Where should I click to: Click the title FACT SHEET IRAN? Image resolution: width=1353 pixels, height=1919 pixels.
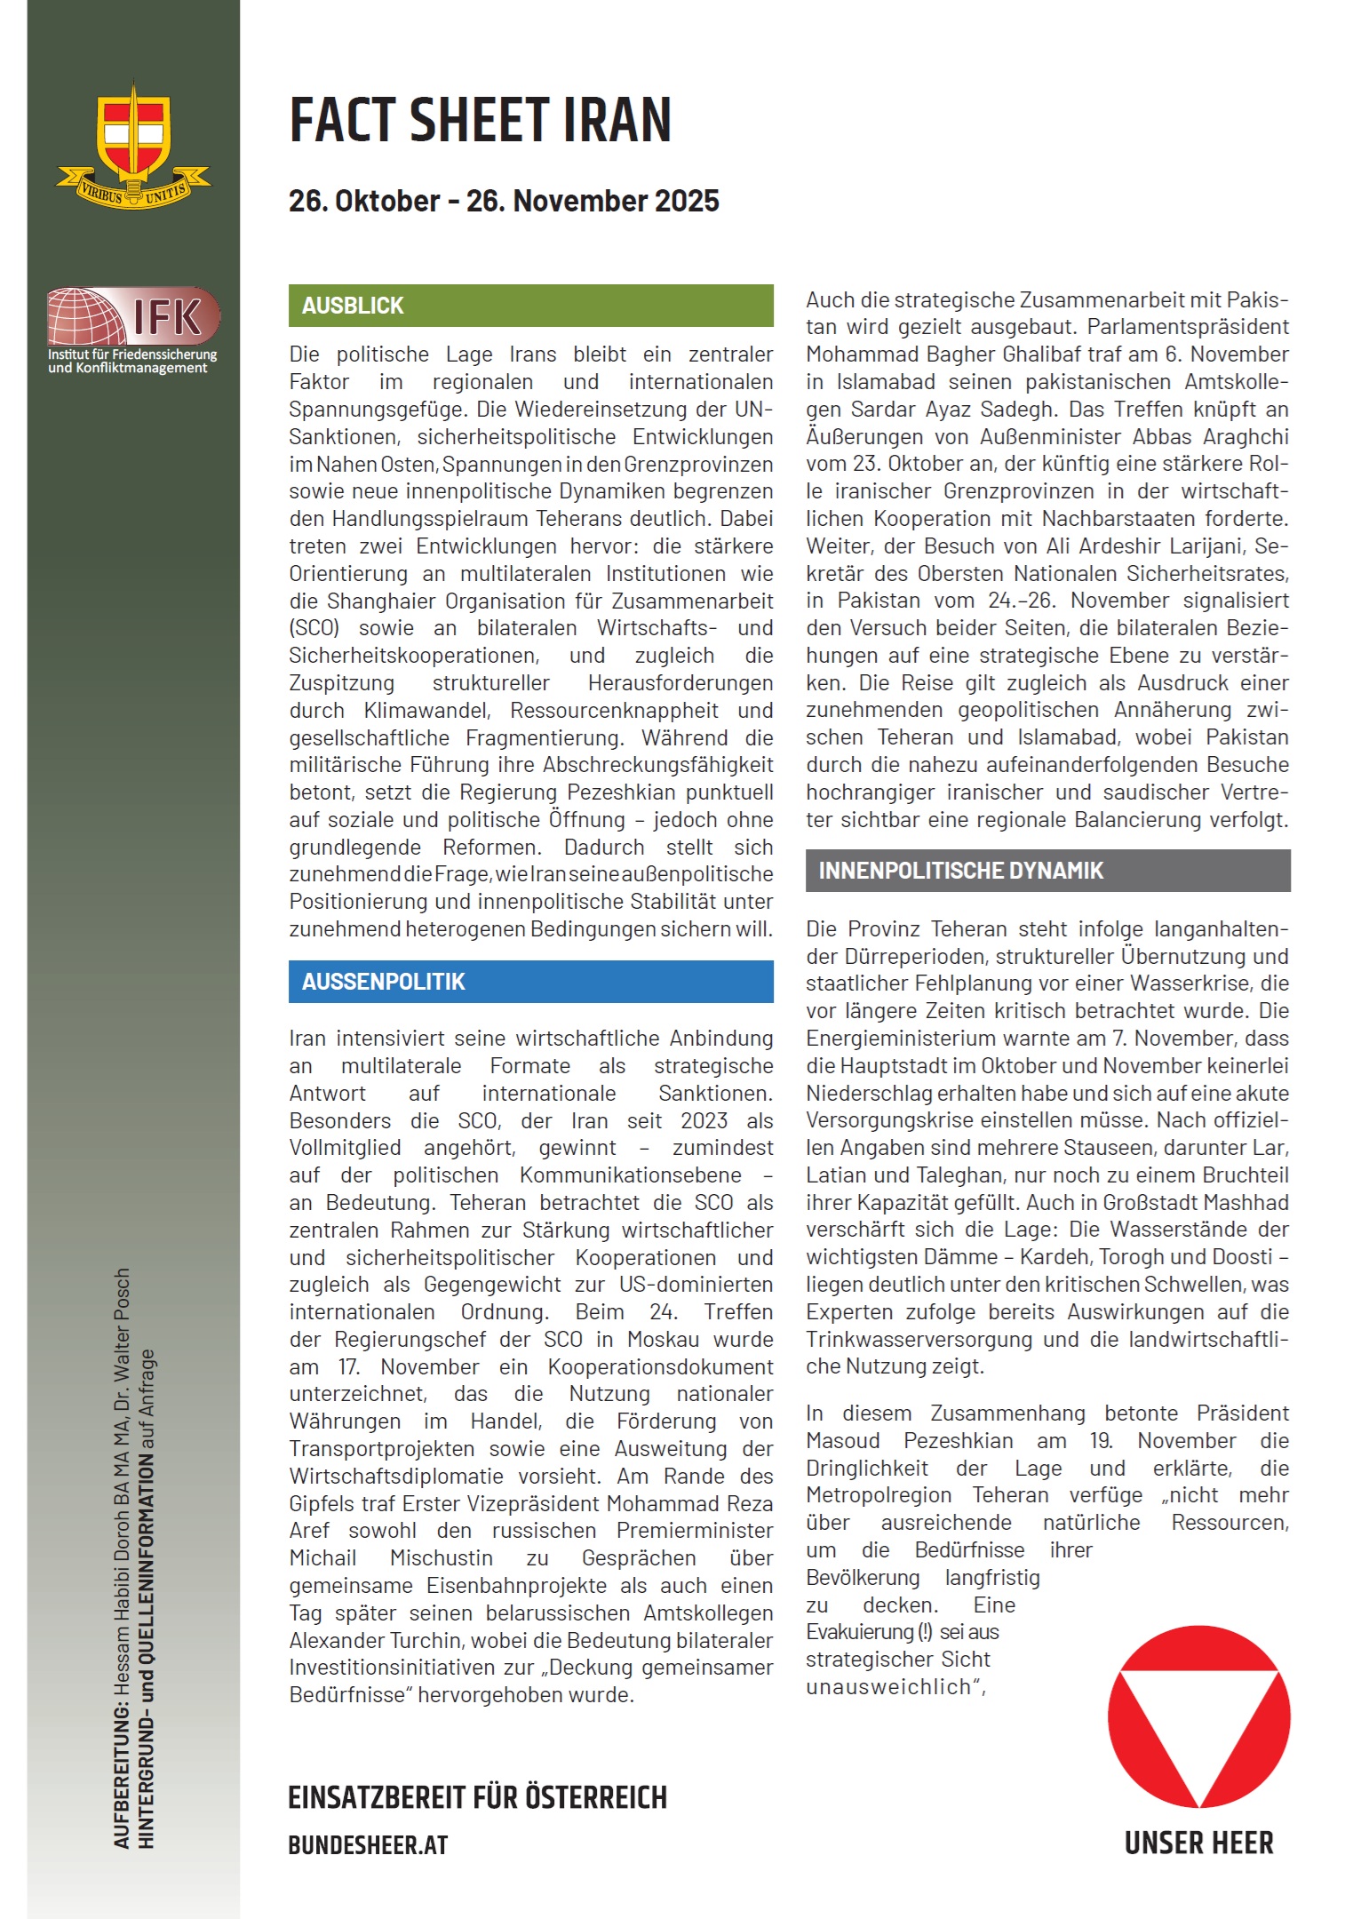pyautogui.click(x=480, y=121)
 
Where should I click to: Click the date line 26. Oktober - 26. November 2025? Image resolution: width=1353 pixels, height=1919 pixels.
pyautogui.click(x=504, y=202)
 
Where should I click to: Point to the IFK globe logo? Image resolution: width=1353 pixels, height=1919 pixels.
pyautogui.click(x=87, y=317)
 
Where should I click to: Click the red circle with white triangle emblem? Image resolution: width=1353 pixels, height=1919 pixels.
pyautogui.click(x=1198, y=1716)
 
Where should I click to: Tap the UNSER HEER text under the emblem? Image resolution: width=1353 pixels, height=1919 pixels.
pyautogui.click(x=1198, y=1843)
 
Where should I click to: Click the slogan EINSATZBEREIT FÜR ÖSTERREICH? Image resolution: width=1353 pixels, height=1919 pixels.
pyautogui.click(x=477, y=1797)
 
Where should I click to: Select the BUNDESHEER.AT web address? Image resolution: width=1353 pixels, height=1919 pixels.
pyautogui.click(x=368, y=1845)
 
